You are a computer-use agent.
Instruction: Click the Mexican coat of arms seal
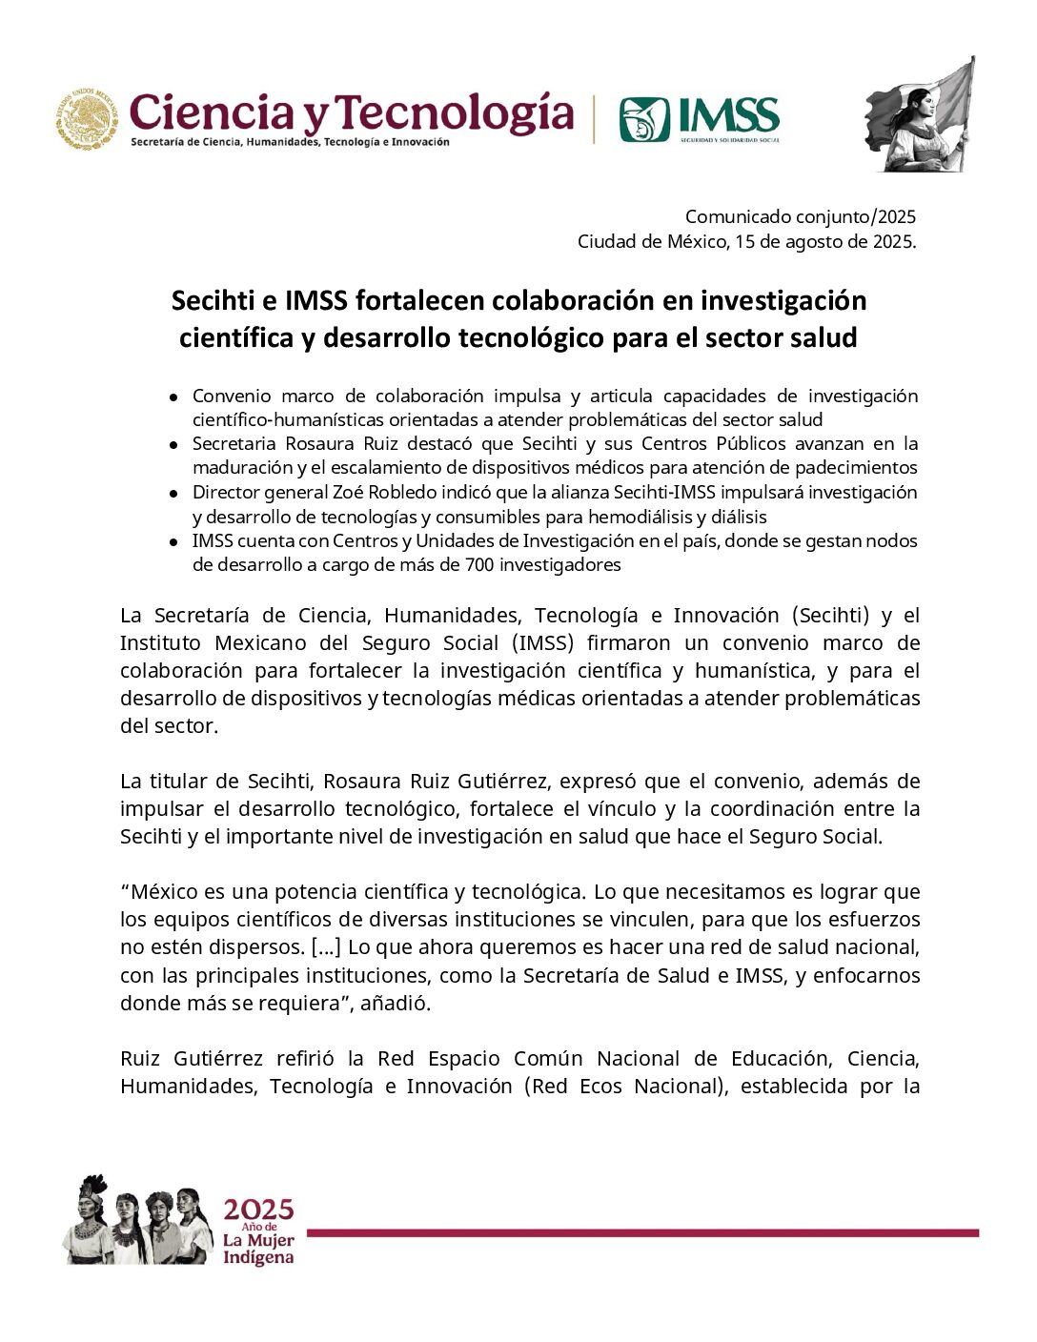pos(86,118)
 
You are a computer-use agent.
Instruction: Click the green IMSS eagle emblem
pos(644,119)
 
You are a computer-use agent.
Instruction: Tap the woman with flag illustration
pos(921,114)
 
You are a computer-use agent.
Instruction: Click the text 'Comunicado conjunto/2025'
pos(800,217)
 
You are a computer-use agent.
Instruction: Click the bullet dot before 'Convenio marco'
pos(173,396)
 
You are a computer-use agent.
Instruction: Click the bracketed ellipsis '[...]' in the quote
pos(326,947)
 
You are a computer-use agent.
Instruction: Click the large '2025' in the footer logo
pos(258,1210)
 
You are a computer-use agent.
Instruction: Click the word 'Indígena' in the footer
pos(258,1258)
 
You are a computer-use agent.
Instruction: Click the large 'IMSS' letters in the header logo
pos(728,116)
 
